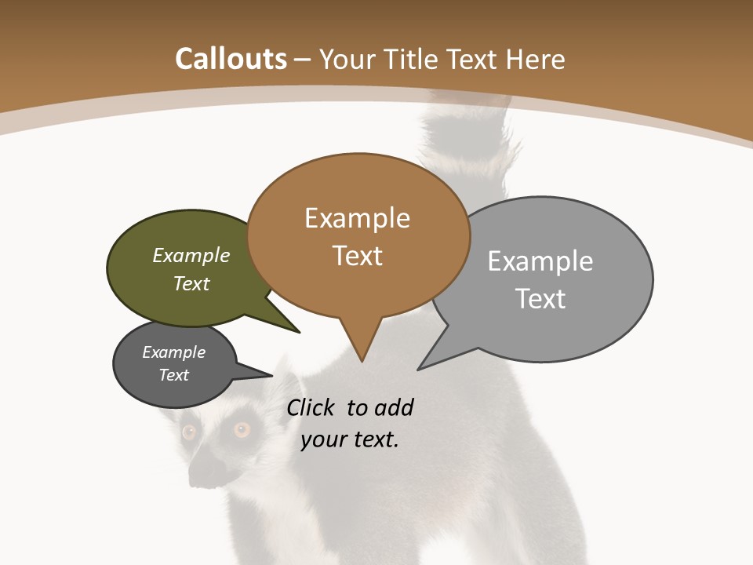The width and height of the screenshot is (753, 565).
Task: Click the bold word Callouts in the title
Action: click(x=231, y=59)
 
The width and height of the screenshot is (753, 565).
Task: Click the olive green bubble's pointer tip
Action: click(x=299, y=332)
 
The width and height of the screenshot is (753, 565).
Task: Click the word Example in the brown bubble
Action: click(x=358, y=218)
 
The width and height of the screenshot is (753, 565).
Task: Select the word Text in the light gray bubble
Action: click(x=540, y=299)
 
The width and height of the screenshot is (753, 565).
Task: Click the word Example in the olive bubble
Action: click(x=191, y=256)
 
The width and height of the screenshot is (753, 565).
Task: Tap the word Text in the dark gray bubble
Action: click(x=174, y=375)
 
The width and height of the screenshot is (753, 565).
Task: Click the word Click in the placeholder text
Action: click(x=311, y=407)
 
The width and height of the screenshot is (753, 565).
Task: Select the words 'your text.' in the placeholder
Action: click(x=350, y=439)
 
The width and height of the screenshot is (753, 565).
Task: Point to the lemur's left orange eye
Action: click(x=189, y=432)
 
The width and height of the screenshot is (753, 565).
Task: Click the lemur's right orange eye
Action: click(x=242, y=429)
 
